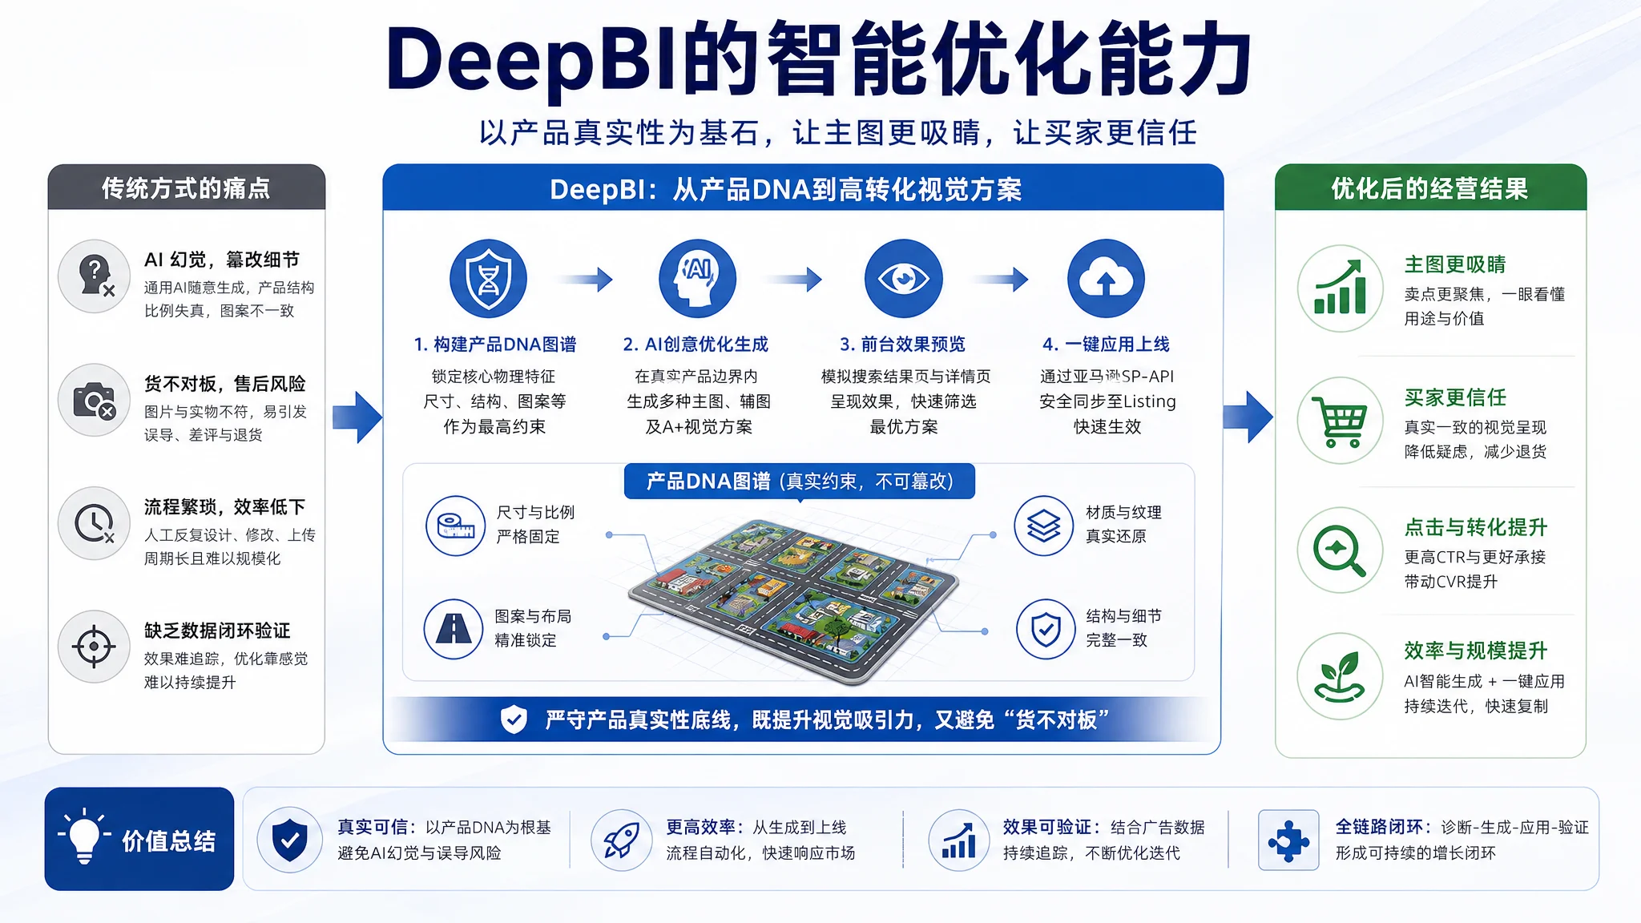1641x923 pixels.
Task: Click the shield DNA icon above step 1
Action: tap(488, 279)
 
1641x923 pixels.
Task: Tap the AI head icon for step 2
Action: tap(697, 279)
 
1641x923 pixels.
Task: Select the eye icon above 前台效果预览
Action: tap(904, 279)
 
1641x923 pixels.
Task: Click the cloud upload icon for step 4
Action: tap(1107, 279)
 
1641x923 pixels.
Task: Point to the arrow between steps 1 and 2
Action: tap(587, 279)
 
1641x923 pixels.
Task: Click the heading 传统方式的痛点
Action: tap(186, 188)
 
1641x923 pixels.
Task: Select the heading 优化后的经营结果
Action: tap(1430, 189)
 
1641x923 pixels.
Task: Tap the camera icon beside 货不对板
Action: tap(95, 400)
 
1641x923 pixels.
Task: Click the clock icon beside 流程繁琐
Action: tap(95, 523)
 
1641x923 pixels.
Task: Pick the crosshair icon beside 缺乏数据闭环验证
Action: tap(95, 647)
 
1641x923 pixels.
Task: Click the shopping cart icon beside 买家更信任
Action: tap(1341, 421)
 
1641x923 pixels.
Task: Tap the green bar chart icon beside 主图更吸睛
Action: tap(1341, 288)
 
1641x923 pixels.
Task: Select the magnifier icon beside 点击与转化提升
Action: tap(1341, 550)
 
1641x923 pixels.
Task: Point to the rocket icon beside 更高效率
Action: tap(622, 840)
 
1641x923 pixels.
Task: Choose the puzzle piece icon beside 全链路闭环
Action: tap(1288, 840)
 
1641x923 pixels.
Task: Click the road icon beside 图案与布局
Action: tap(454, 629)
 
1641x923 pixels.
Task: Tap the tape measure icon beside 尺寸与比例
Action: tap(456, 526)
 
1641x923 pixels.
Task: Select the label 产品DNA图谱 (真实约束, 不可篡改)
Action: tap(800, 481)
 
